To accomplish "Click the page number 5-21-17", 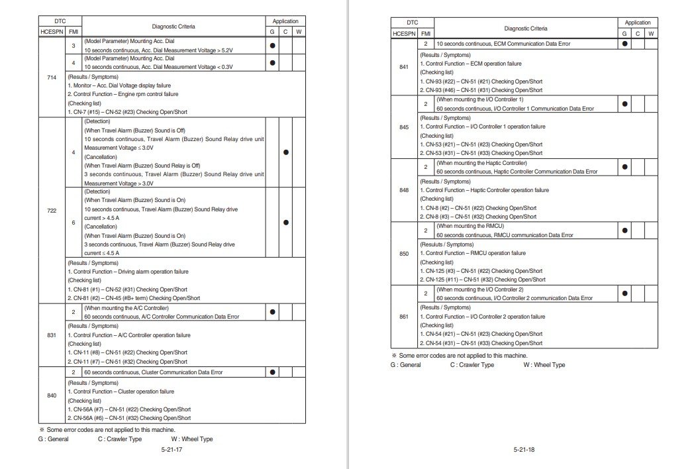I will pyautogui.click(x=172, y=450).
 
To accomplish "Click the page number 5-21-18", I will pyautogui.click(x=523, y=450).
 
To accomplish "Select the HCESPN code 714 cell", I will pyautogui.click(x=52, y=78).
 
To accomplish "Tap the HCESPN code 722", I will pyautogui.click(x=52, y=211).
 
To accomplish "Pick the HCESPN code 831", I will pyautogui.click(x=52, y=335).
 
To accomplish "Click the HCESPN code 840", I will pyautogui.click(x=52, y=395).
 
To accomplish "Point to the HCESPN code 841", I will pyautogui.click(x=404, y=67).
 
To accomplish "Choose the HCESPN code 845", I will pyautogui.click(x=404, y=127).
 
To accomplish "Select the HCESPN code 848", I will pyautogui.click(x=404, y=190).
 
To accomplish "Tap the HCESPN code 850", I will pyautogui.click(x=404, y=254).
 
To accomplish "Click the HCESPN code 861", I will pyautogui.click(x=404, y=317).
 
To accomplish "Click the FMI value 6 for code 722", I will pyautogui.click(x=74, y=223).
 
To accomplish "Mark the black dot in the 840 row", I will pyautogui.click(x=272, y=372).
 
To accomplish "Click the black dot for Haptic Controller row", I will pyautogui.click(x=624, y=167).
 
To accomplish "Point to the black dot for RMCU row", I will pyautogui.click(x=624, y=231).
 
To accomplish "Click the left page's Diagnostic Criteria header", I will pyautogui.click(x=174, y=26).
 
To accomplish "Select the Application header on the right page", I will pyautogui.click(x=638, y=22).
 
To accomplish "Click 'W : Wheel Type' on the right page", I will pyautogui.click(x=544, y=365).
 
